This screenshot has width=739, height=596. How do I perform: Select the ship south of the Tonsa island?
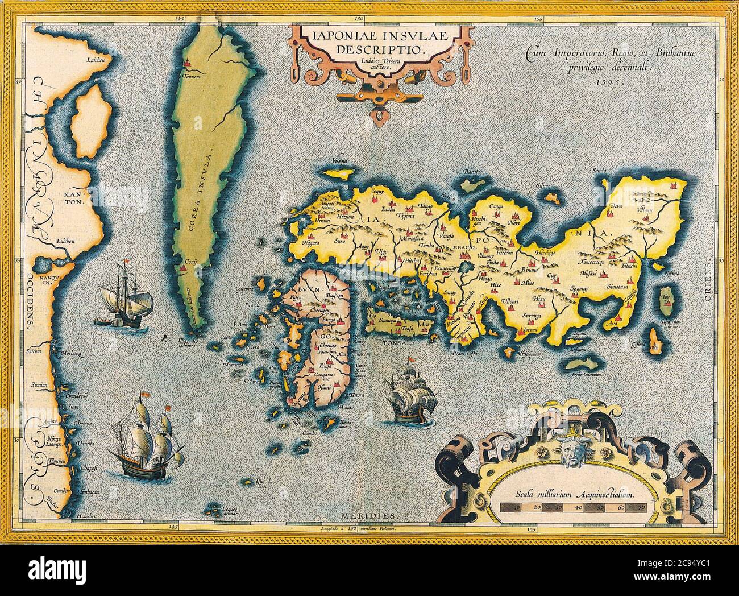[x=406, y=396]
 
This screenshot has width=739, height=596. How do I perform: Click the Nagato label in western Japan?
[x=310, y=243]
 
